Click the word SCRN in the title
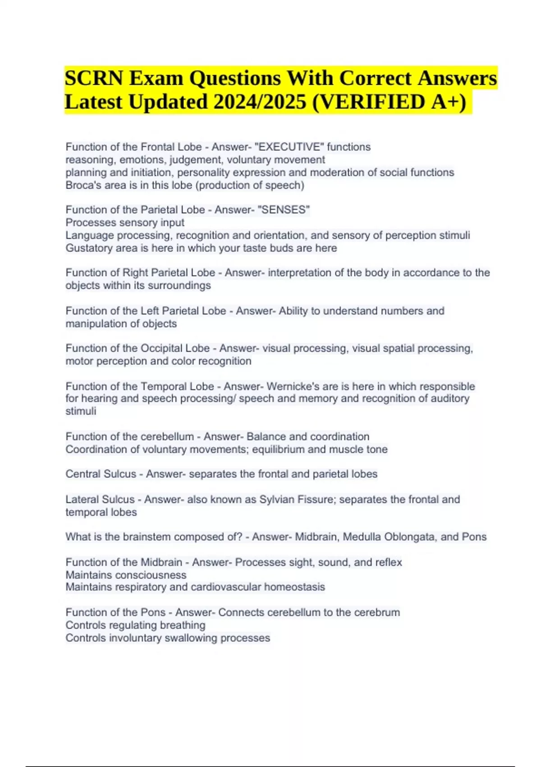pos(94,78)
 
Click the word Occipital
pos(175,348)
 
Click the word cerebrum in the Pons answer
pos(377,613)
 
